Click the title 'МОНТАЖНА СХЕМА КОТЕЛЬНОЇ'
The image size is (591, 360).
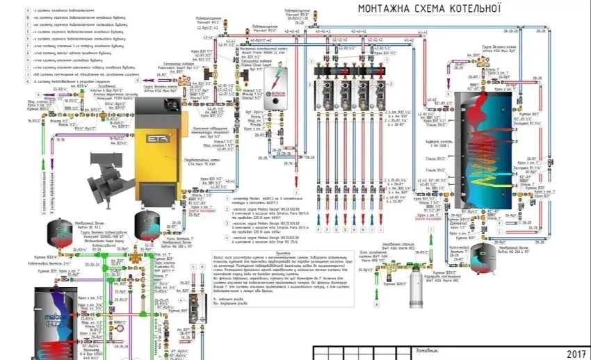click(429, 8)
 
